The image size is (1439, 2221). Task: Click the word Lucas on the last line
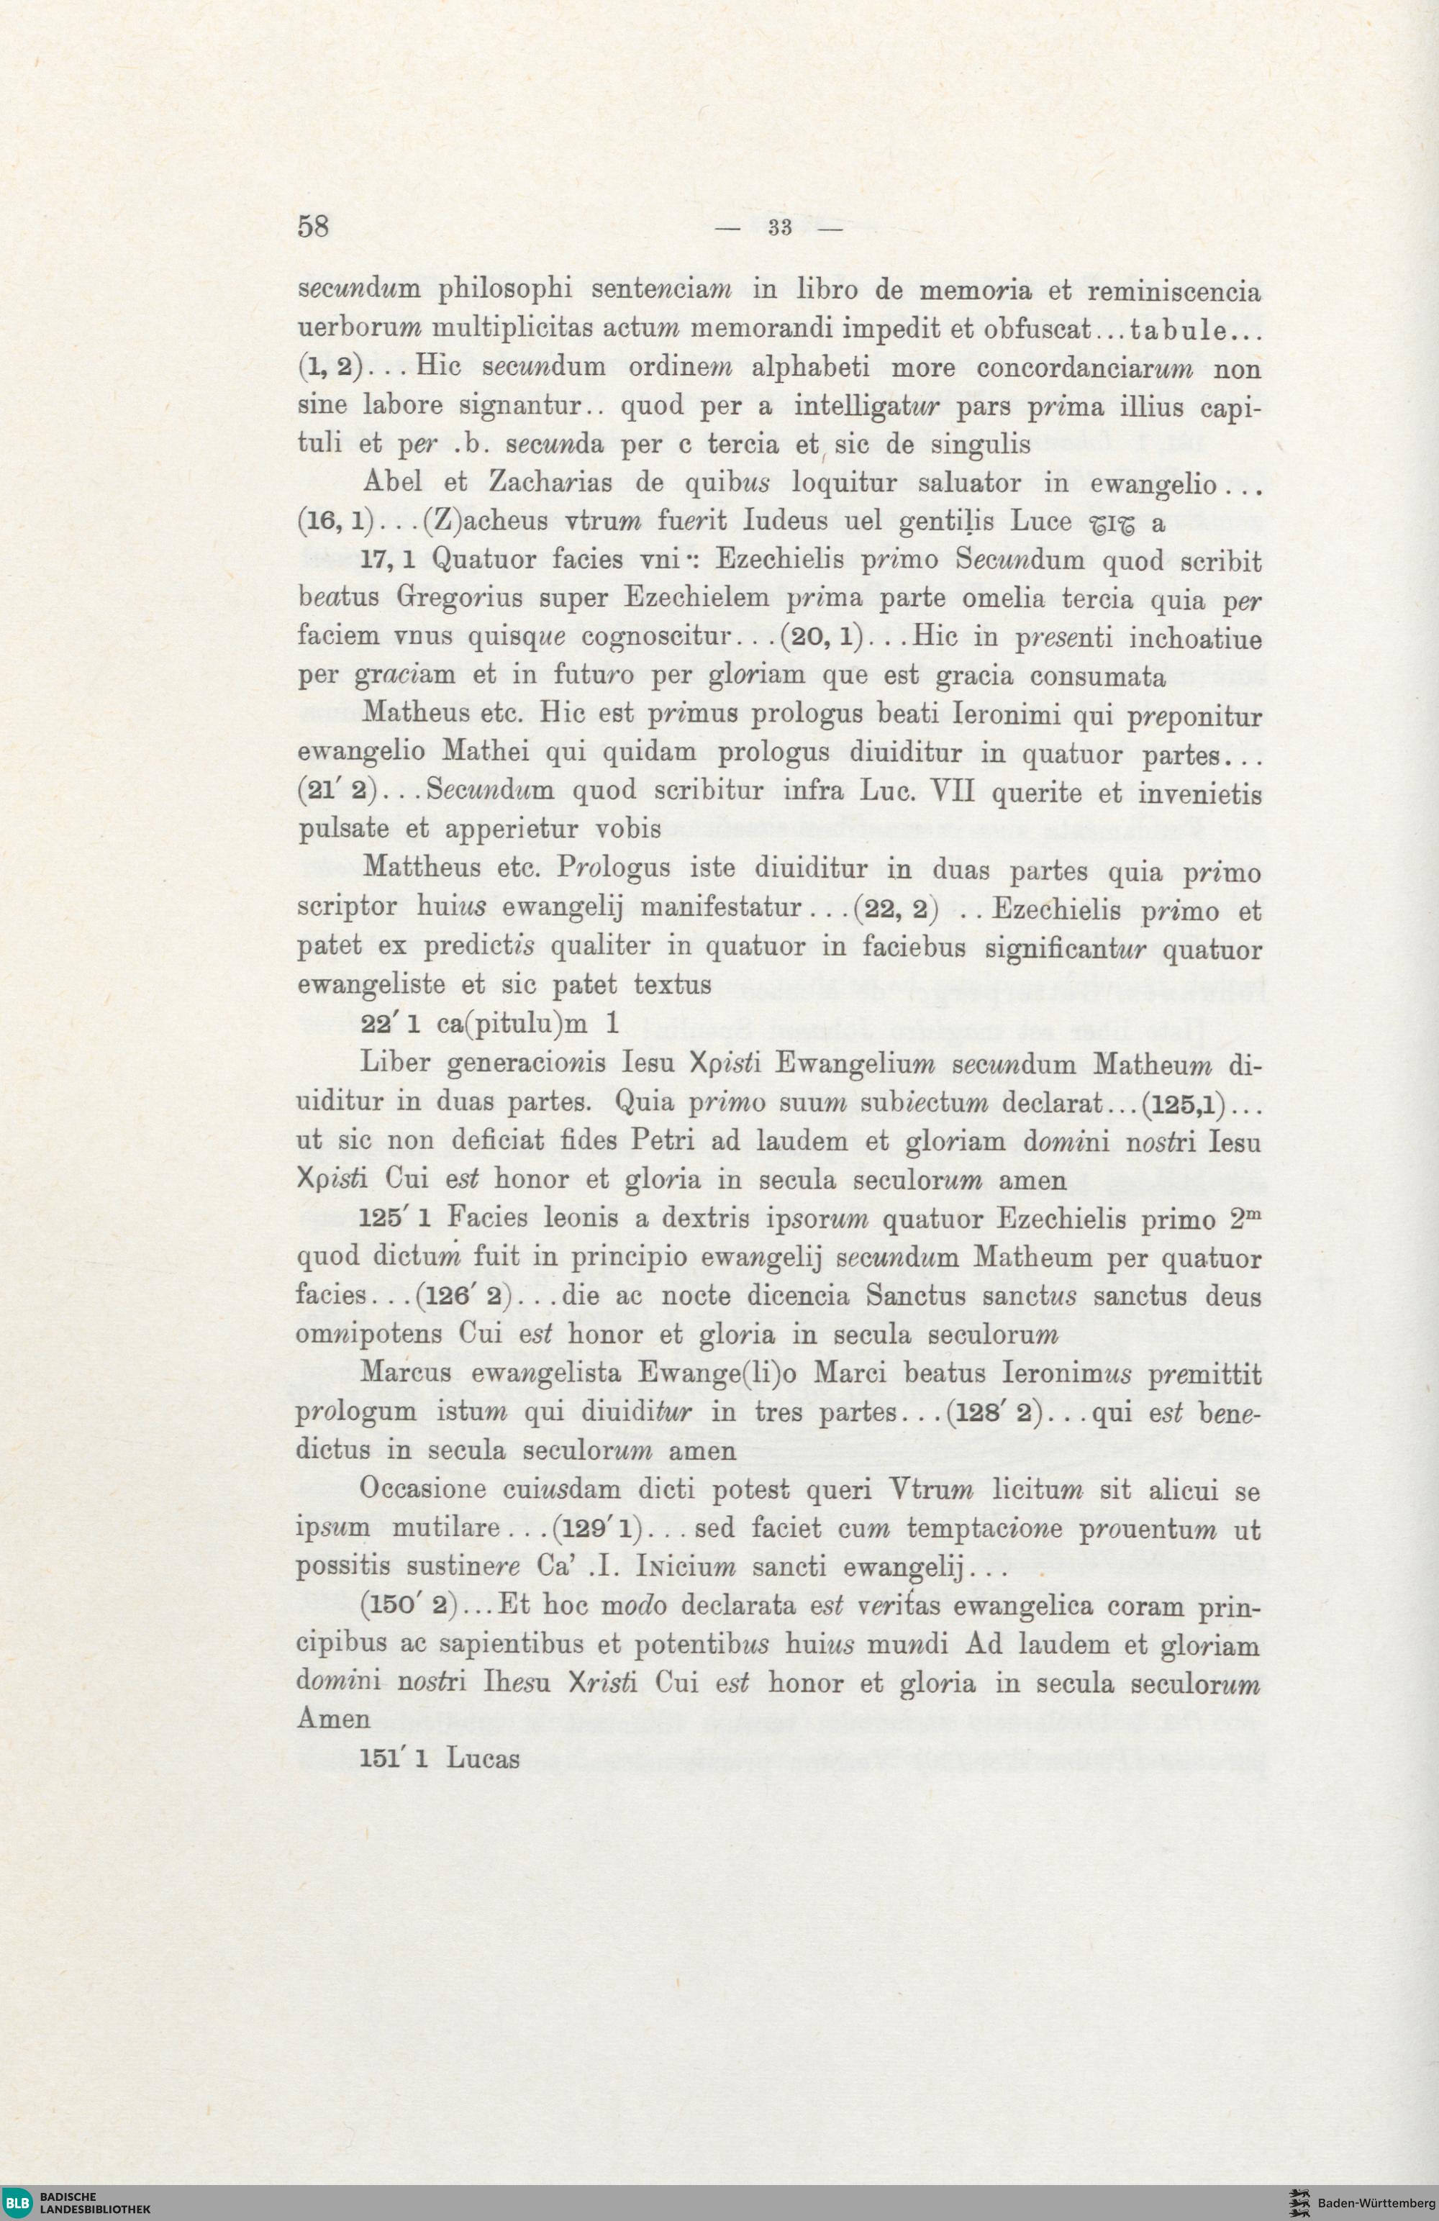483,1758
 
